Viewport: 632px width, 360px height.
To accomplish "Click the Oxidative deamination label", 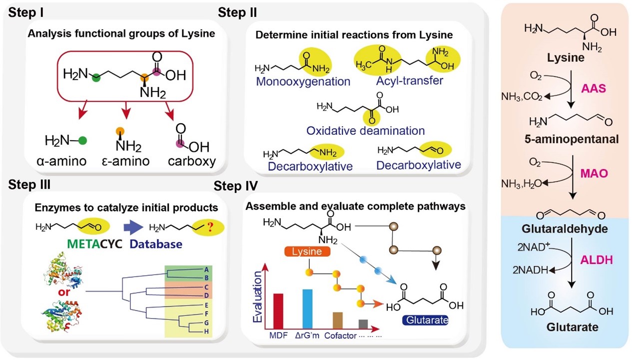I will tap(366, 131).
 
